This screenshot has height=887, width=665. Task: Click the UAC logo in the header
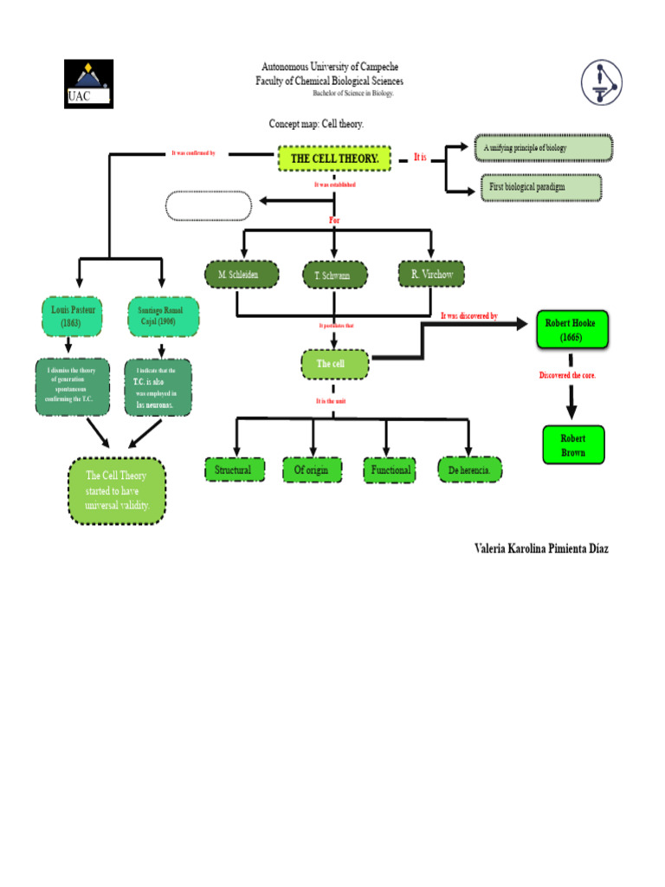[88, 83]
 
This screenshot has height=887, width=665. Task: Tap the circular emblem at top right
[601, 82]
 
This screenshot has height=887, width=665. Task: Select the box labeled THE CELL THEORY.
[334, 159]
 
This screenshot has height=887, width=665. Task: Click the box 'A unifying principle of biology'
[543, 148]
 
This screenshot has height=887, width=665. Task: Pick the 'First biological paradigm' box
[540, 187]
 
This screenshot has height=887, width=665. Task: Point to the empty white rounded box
[209, 206]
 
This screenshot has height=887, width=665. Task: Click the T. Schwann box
[334, 275]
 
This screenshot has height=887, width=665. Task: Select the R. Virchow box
[431, 275]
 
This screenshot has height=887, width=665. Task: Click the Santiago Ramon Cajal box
[162, 316]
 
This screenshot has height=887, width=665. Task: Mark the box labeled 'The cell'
[334, 364]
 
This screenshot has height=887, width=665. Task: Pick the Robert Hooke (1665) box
[571, 329]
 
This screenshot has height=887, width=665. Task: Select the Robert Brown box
[572, 445]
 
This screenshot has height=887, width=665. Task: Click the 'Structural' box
[233, 469]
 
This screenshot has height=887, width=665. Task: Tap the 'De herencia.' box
[469, 469]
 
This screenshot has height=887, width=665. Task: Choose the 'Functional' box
[391, 469]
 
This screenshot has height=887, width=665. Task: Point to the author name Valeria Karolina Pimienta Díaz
[541, 548]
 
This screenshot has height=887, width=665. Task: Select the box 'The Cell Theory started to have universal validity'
[117, 490]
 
